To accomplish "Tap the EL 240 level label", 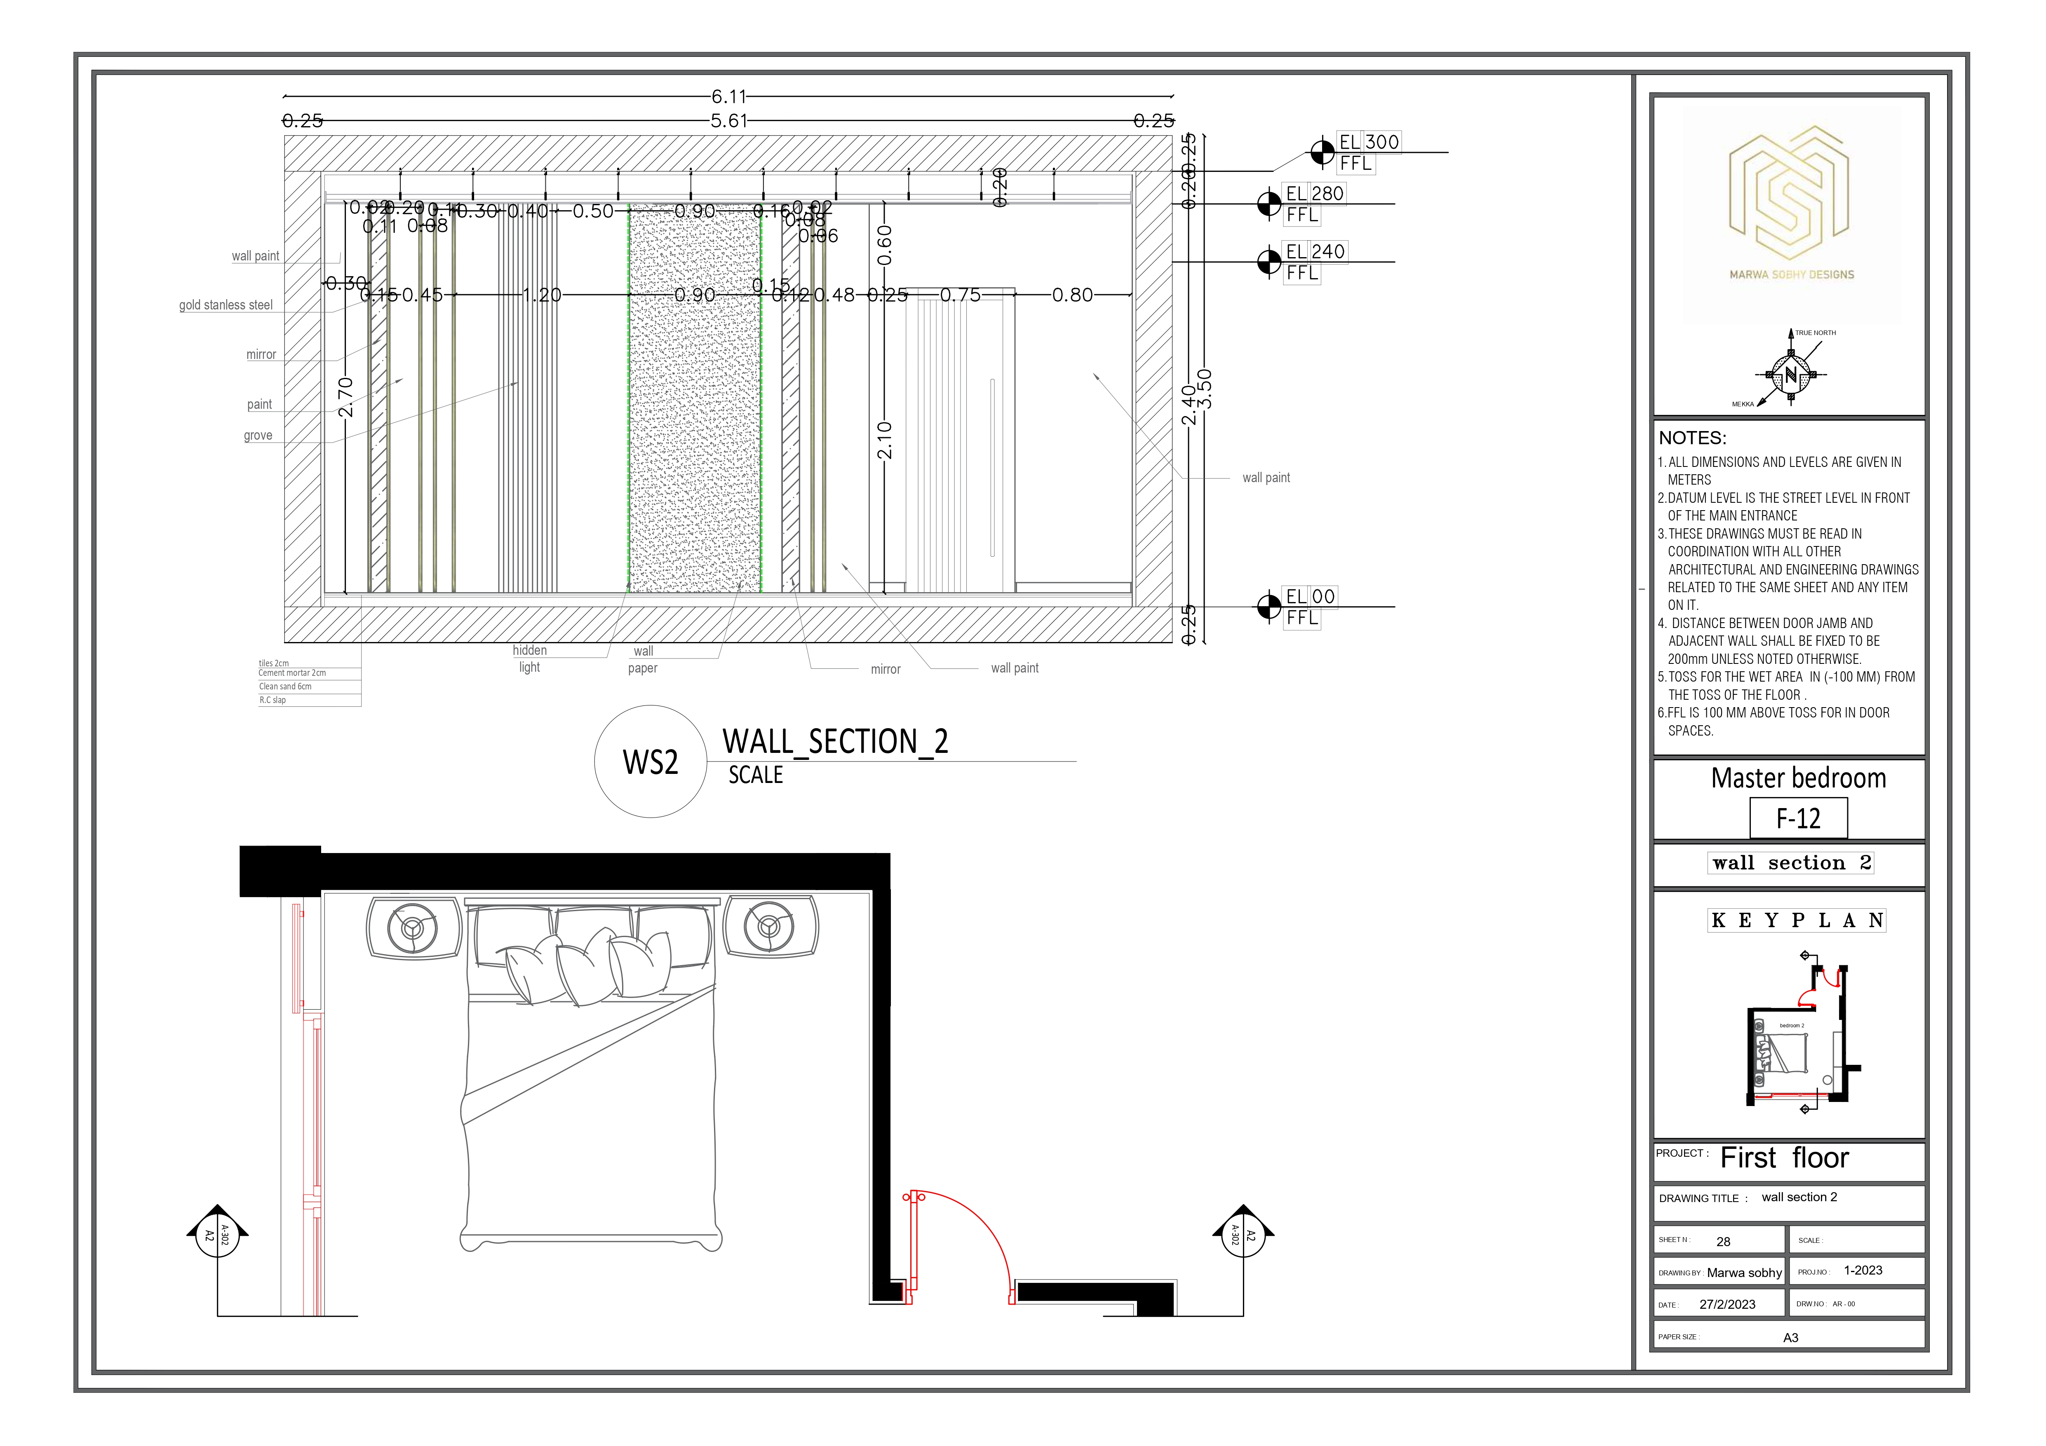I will click(x=1315, y=252).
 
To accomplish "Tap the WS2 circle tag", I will click(x=651, y=762).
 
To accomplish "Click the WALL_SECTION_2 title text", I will click(x=835, y=741).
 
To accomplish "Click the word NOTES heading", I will click(x=1692, y=438).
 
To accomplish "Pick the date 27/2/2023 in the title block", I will click(x=1727, y=1304).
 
